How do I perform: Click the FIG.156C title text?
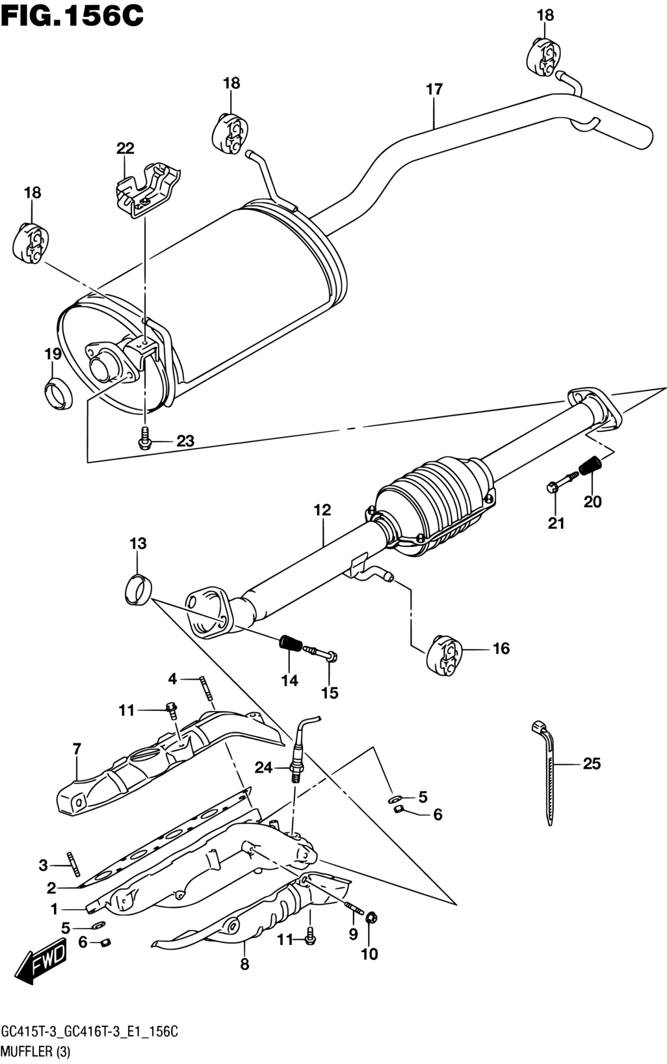[x=72, y=15]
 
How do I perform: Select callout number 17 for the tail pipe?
[x=434, y=89]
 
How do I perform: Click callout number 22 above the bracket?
[x=125, y=149]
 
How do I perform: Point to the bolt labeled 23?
[x=144, y=438]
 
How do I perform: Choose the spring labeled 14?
[x=290, y=643]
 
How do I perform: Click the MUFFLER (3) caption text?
[x=36, y=1052]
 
